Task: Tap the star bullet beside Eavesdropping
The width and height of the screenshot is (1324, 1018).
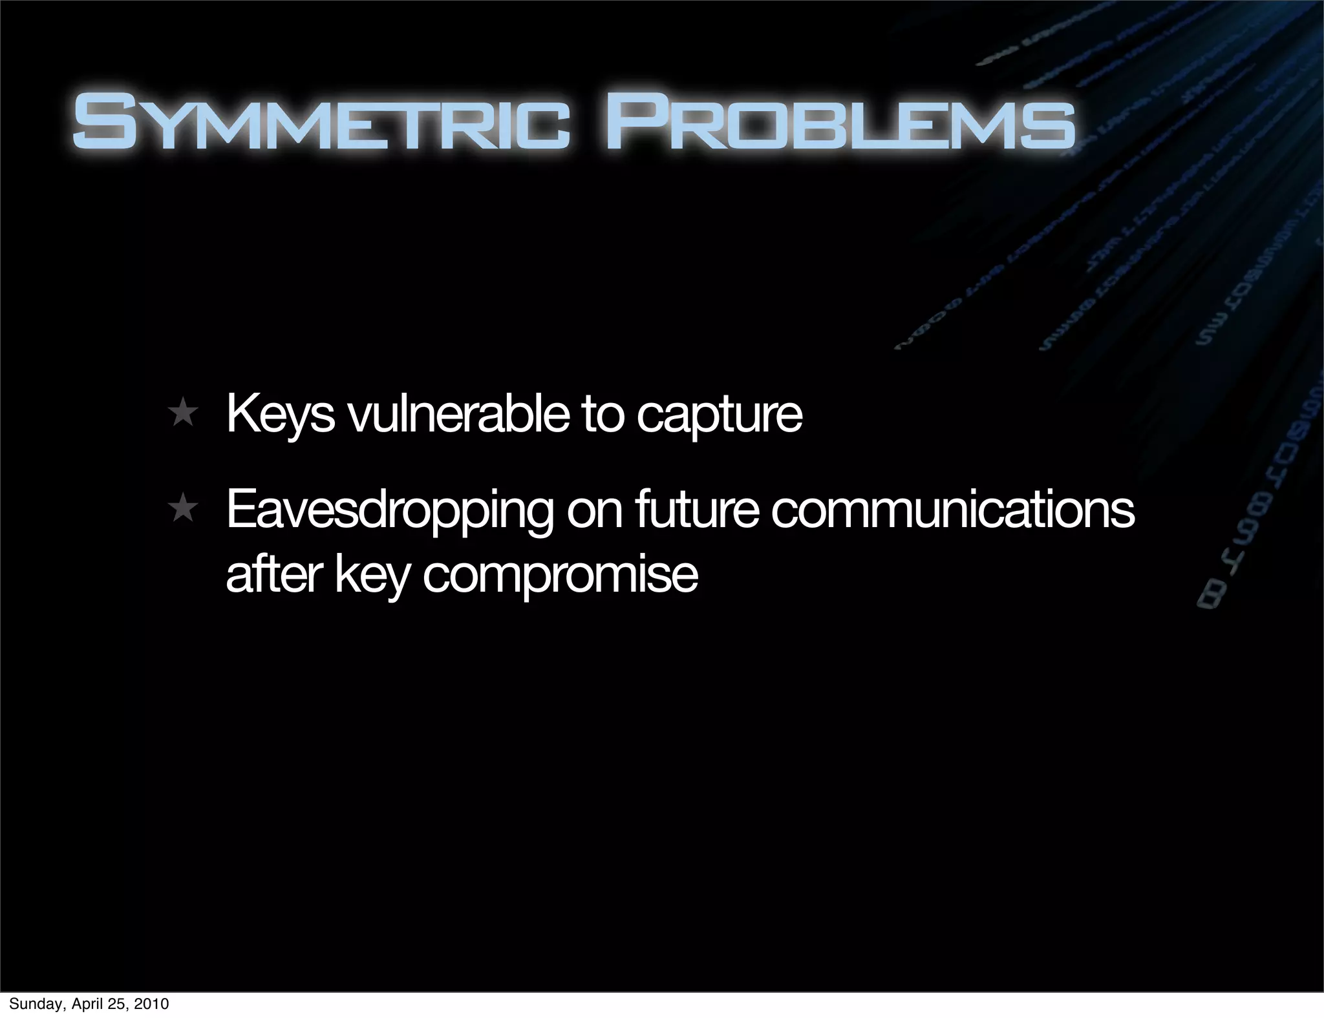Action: coord(184,509)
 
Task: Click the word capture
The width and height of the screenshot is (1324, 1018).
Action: coord(719,417)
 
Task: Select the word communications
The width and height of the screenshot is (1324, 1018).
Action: coord(953,510)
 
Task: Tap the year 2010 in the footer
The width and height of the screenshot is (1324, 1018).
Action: coord(152,1004)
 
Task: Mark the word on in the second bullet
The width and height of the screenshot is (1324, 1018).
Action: coord(594,510)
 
